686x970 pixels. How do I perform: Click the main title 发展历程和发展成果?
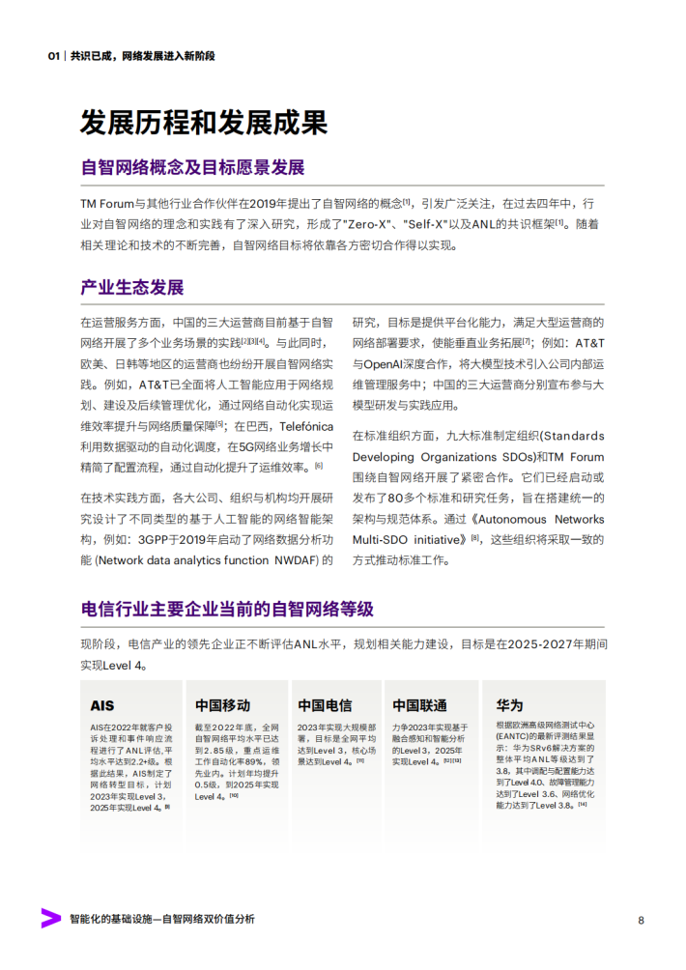tap(204, 123)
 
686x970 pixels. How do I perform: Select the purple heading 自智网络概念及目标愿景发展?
tap(192, 167)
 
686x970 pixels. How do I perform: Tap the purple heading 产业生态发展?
tap(131, 288)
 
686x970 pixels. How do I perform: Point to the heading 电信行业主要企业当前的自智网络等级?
tap(227, 610)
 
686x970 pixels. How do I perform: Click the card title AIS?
tap(102, 705)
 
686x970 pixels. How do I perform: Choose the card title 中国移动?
tap(222, 705)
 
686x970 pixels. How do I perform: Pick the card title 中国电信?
tap(325, 705)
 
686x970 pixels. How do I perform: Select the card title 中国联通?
tap(419, 705)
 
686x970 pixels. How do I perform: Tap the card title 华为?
tap(509, 705)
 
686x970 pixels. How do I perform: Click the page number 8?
tap(641, 919)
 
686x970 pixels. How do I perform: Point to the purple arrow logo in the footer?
tap(50, 918)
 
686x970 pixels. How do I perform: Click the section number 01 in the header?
tap(55, 56)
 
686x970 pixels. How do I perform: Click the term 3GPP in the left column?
tap(160, 539)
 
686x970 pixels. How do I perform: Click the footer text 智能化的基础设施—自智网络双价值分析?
tap(162, 919)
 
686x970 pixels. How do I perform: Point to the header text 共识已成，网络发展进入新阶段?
tap(142, 56)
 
